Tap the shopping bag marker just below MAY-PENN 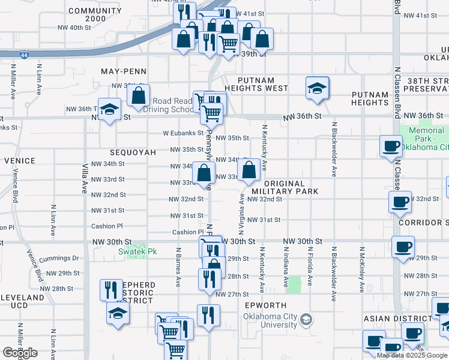138,96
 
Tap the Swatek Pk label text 137,251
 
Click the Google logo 20,353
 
